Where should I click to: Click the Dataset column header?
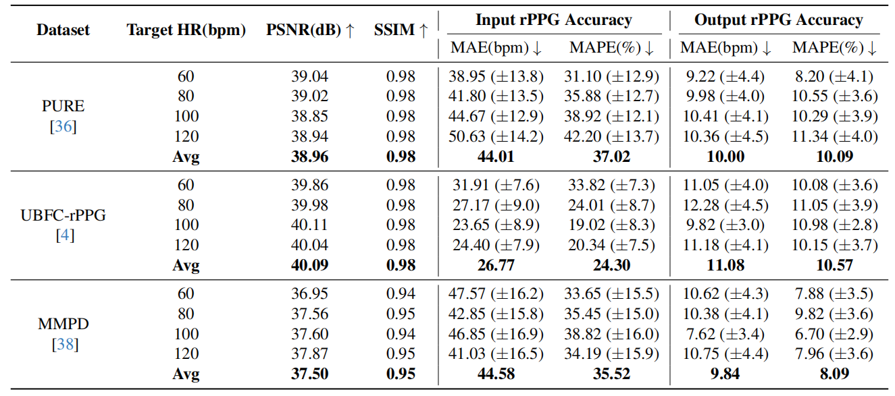tap(62, 30)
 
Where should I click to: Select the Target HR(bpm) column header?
tap(186, 30)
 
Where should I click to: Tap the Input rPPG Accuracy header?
tap(553, 20)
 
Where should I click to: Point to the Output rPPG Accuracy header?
tap(778, 20)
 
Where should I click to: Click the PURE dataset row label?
tap(63, 107)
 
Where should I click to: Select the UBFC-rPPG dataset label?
tap(63, 216)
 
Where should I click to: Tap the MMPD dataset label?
tap(63, 324)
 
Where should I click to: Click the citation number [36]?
tap(63, 126)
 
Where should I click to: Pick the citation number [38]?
tap(63, 344)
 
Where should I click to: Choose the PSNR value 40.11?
tap(310, 225)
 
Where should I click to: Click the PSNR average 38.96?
tap(310, 157)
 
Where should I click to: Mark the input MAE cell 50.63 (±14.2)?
tap(497, 136)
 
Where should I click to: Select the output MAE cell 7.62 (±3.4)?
tap(724, 334)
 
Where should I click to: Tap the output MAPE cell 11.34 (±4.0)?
tap(835, 136)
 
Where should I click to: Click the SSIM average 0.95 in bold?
tap(401, 374)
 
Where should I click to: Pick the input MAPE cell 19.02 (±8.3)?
tap(611, 225)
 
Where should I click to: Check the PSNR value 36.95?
tap(310, 294)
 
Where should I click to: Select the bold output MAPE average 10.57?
tap(834, 265)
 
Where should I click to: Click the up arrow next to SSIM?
tap(424, 30)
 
